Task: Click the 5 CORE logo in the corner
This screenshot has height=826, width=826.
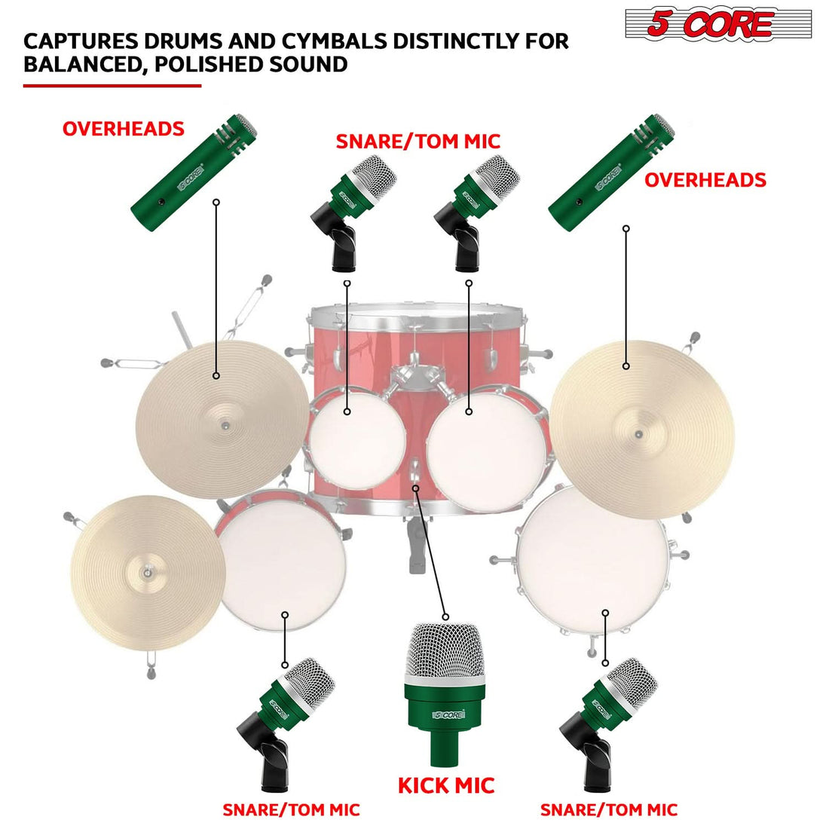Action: tap(717, 24)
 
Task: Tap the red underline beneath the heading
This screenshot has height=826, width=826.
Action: tap(112, 86)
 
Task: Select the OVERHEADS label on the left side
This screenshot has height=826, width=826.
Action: tap(123, 129)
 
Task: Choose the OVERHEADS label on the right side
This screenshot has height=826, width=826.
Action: tap(705, 179)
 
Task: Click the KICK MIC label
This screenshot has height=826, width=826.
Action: tap(446, 785)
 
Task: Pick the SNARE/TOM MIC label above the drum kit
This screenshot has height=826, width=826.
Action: tap(418, 141)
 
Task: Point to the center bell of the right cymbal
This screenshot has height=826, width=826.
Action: tap(639, 435)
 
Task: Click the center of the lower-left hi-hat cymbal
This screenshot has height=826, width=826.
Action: tap(142, 573)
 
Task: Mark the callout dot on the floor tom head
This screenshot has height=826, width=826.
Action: tap(605, 612)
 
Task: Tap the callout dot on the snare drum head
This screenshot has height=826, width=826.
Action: tap(285, 614)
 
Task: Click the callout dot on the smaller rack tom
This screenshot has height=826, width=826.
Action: tap(347, 411)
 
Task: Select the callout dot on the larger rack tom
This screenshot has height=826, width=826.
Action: tap(469, 411)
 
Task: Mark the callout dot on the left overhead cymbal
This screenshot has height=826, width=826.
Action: tap(216, 375)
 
